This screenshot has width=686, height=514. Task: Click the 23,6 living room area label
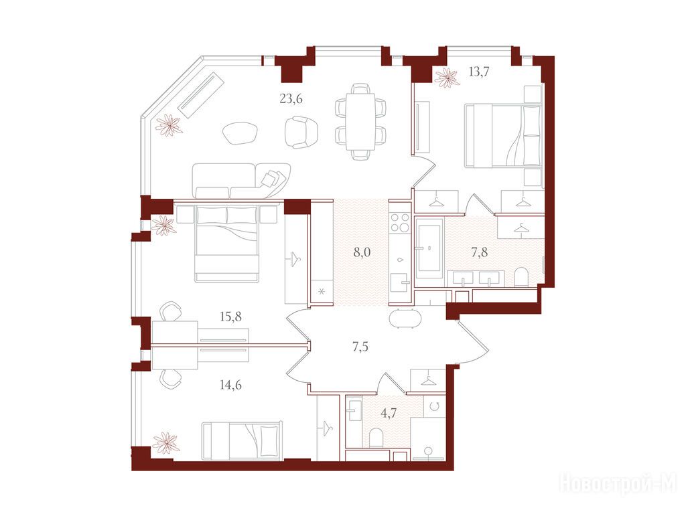point(291,99)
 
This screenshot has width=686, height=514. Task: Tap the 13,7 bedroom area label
point(478,72)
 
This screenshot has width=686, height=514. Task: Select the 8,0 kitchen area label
point(362,252)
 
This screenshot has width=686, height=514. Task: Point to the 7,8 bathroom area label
point(479,252)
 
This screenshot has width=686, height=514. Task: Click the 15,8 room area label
point(230,317)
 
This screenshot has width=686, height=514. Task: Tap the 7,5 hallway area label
point(360,347)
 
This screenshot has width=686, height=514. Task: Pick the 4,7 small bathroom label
point(389,413)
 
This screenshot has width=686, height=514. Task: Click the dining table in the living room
point(360,121)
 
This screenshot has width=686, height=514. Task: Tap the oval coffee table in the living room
point(241,133)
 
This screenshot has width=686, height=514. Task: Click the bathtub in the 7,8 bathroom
point(429,248)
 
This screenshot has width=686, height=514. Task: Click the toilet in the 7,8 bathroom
point(521,277)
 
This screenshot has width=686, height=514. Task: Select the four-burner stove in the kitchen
point(399,222)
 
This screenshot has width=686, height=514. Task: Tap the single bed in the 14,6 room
point(242,440)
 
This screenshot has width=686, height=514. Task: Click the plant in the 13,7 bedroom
point(447,78)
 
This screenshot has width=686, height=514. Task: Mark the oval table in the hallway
point(405,318)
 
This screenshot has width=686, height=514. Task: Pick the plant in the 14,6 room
point(165,443)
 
